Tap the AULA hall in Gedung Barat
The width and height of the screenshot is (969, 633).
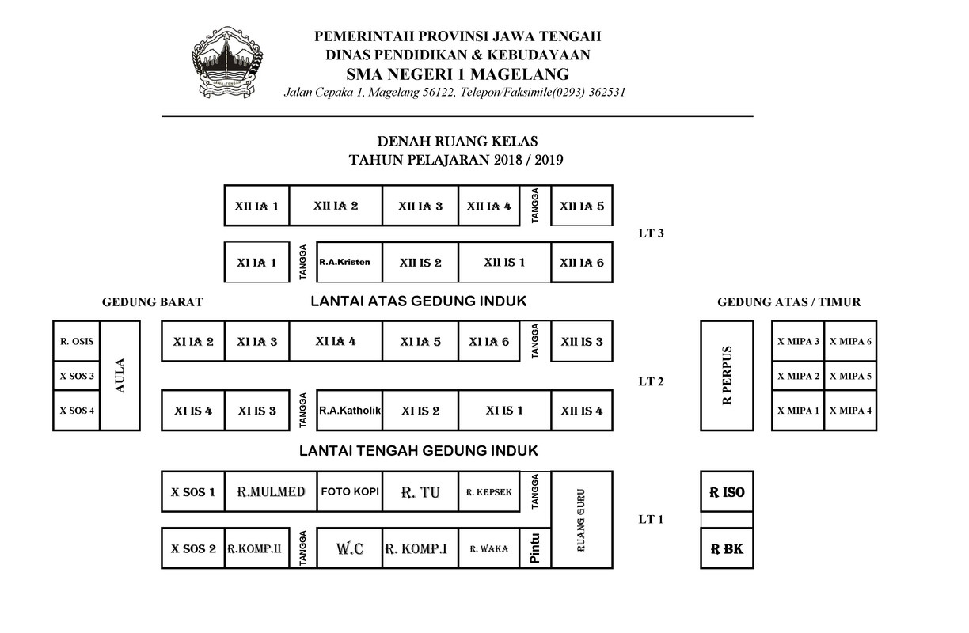[x=120, y=375]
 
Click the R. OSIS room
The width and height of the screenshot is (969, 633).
[x=77, y=342]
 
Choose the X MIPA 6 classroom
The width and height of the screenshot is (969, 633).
[x=850, y=342]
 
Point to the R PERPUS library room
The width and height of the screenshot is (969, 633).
[x=727, y=375]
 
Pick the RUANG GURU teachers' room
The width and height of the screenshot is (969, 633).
[x=581, y=519]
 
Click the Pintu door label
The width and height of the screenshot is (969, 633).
[x=535, y=548]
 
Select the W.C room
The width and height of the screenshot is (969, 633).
[x=349, y=548]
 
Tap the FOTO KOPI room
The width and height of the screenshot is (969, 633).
[x=349, y=491]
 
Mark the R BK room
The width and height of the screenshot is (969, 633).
[x=727, y=548]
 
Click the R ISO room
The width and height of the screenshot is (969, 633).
[x=727, y=492]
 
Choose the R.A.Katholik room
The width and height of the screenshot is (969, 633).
[x=349, y=411]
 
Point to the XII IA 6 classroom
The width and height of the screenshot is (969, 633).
[x=581, y=263]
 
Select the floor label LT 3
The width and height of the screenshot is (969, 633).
[x=651, y=233]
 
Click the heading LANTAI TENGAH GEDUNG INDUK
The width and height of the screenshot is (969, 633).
[x=418, y=451]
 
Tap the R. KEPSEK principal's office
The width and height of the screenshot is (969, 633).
[x=488, y=491]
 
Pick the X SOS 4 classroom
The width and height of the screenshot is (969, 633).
[x=77, y=411]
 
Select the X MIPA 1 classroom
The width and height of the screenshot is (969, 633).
[x=798, y=411]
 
